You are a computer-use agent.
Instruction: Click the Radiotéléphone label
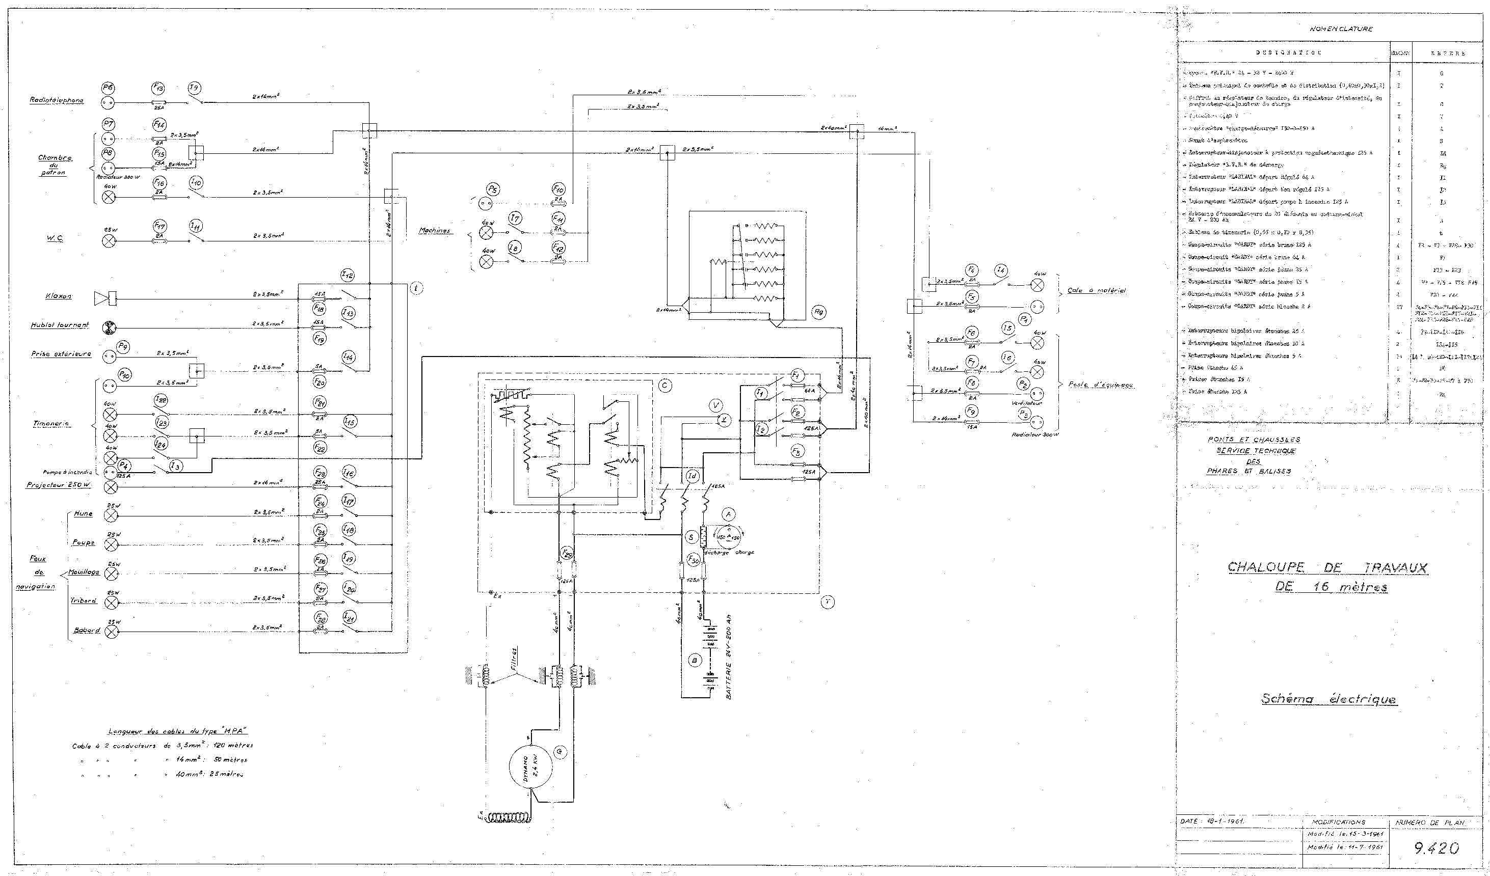[x=57, y=100]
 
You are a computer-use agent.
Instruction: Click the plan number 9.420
[x=1436, y=848]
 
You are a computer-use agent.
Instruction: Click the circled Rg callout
[x=818, y=312]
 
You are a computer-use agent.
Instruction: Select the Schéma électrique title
[x=1328, y=699]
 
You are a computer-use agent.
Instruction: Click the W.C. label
[x=55, y=238]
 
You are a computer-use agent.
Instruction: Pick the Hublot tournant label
[x=60, y=325]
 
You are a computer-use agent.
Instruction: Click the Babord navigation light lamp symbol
[x=111, y=632]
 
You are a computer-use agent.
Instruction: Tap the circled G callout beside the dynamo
[x=560, y=752]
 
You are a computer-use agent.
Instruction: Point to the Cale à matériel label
[x=1096, y=291]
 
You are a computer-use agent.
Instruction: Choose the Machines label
[x=435, y=231]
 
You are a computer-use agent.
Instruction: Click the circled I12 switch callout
[x=348, y=276]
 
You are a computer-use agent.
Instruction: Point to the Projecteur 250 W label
[x=58, y=485]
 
